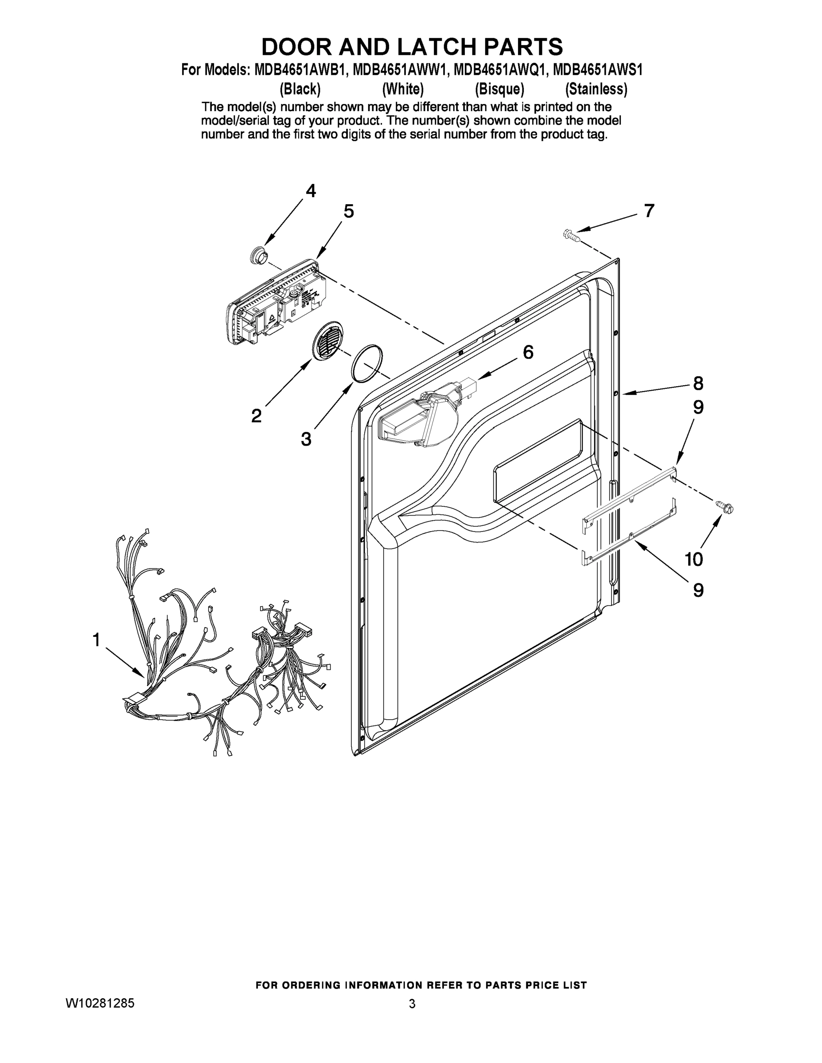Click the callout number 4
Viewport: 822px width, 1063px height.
[x=311, y=191]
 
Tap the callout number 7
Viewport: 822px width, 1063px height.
[x=649, y=211]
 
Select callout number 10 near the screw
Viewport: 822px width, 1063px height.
[x=694, y=560]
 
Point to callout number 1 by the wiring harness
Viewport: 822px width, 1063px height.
[x=97, y=640]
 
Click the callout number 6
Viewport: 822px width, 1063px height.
[x=528, y=352]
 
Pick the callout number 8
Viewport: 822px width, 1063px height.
[x=698, y=384]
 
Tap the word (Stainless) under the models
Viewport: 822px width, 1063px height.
[x=596, y=89]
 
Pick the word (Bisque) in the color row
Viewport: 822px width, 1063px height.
[x=499, y=89]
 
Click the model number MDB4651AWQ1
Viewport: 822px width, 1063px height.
[x=500, y=70]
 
